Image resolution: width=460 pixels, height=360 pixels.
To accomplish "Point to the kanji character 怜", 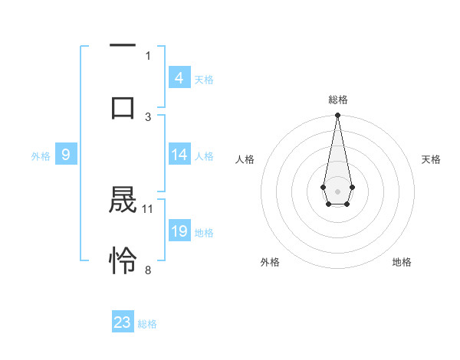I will click(x=123, y=261).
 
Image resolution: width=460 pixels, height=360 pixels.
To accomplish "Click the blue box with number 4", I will click(x=179, y=78).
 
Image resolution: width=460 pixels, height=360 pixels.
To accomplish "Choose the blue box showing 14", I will click(x=179, y=155).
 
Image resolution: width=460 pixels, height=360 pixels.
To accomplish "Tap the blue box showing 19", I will click(x=179, y=231).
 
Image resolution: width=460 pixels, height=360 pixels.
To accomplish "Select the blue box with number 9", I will click(x=66, y=155).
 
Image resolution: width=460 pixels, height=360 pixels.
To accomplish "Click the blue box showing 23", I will click(x=123, y=322).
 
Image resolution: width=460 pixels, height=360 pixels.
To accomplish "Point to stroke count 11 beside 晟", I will click(x=148, y=208).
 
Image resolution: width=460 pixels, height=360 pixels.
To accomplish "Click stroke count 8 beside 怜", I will click(x=148, y=270).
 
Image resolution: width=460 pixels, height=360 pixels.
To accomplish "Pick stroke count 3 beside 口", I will click(x=148, y=116).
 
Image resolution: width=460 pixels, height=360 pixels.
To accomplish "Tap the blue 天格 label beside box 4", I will click(x=204, y=79).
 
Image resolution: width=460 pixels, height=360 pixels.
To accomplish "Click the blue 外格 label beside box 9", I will click(x=41, y=155).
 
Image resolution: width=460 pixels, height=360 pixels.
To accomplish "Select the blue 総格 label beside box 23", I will click(x=147, y=324).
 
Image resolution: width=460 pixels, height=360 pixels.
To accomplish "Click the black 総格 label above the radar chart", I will click(x=337, y=100).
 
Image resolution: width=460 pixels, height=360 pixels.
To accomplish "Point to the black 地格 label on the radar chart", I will click(x=402, y=262).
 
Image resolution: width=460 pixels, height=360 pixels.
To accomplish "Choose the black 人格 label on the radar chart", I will click(x=245, y=159).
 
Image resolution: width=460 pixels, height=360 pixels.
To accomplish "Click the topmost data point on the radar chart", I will click(x=337, y=115).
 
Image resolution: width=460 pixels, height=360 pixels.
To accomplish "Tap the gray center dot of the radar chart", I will click(x=337, y=190).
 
